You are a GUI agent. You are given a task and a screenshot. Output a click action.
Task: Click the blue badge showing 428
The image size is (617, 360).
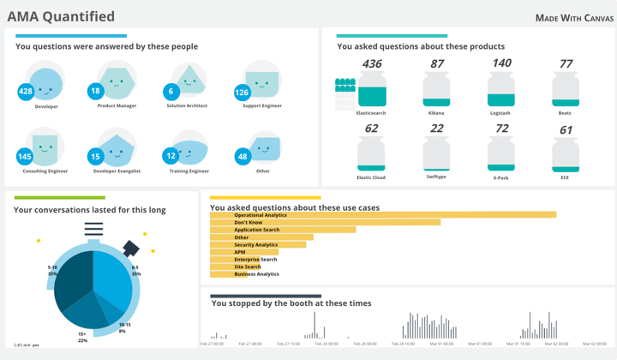(26, 92)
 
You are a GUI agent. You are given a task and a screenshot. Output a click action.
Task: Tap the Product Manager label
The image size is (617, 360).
(117, 106)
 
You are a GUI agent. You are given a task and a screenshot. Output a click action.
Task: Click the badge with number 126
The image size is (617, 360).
(242, 93)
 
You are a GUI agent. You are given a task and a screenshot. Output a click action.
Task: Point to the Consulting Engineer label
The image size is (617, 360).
(45, 171)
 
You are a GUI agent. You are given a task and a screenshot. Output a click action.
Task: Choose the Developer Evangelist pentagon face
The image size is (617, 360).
(118, 149)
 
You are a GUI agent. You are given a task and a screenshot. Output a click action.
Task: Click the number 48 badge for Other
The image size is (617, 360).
(243, 157)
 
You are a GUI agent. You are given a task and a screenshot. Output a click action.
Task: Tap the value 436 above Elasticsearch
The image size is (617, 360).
(372, 64)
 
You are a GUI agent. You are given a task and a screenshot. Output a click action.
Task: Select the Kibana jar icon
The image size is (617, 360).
(437, 90)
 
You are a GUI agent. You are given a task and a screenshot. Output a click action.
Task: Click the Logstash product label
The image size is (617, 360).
(500, 113)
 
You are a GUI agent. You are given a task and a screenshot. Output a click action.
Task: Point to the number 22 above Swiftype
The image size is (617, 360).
(437, 129)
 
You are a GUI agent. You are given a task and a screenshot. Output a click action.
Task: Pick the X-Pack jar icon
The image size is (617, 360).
(501, 155)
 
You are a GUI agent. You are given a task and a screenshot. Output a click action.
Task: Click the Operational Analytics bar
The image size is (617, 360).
(383, 215)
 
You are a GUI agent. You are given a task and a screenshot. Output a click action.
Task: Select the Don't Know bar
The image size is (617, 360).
(326, 223)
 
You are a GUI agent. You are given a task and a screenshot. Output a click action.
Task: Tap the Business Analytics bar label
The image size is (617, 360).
(256, 274)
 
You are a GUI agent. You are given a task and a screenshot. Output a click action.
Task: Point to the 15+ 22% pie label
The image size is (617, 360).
(82, 337)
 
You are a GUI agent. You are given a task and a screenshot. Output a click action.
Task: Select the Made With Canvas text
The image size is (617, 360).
(574, 18)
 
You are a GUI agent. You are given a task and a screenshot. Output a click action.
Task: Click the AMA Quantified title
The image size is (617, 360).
(61, 16)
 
